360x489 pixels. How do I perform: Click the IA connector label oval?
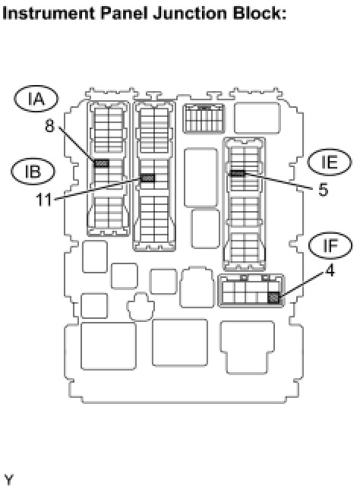pyautogui.click(x=36, y=99)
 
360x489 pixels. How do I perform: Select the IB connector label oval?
pyautogui.click(x=33, y=171)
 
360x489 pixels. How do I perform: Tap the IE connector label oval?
pyautogui.click(x=330, y=162)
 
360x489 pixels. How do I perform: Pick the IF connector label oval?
pyautogui.click(x=330, y=245)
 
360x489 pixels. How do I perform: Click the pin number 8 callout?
pyautogui.click(x=50, y=126)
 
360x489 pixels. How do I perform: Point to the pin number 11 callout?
pyautogui.click(x=44, y=200)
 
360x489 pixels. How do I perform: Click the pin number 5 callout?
pyautogui.click(x=324, y=189)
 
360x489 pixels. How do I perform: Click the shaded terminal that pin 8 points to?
pyautogui.click(x=101, y=163)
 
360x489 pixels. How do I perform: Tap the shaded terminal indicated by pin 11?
pyautogui.click(x=147, y=178)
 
